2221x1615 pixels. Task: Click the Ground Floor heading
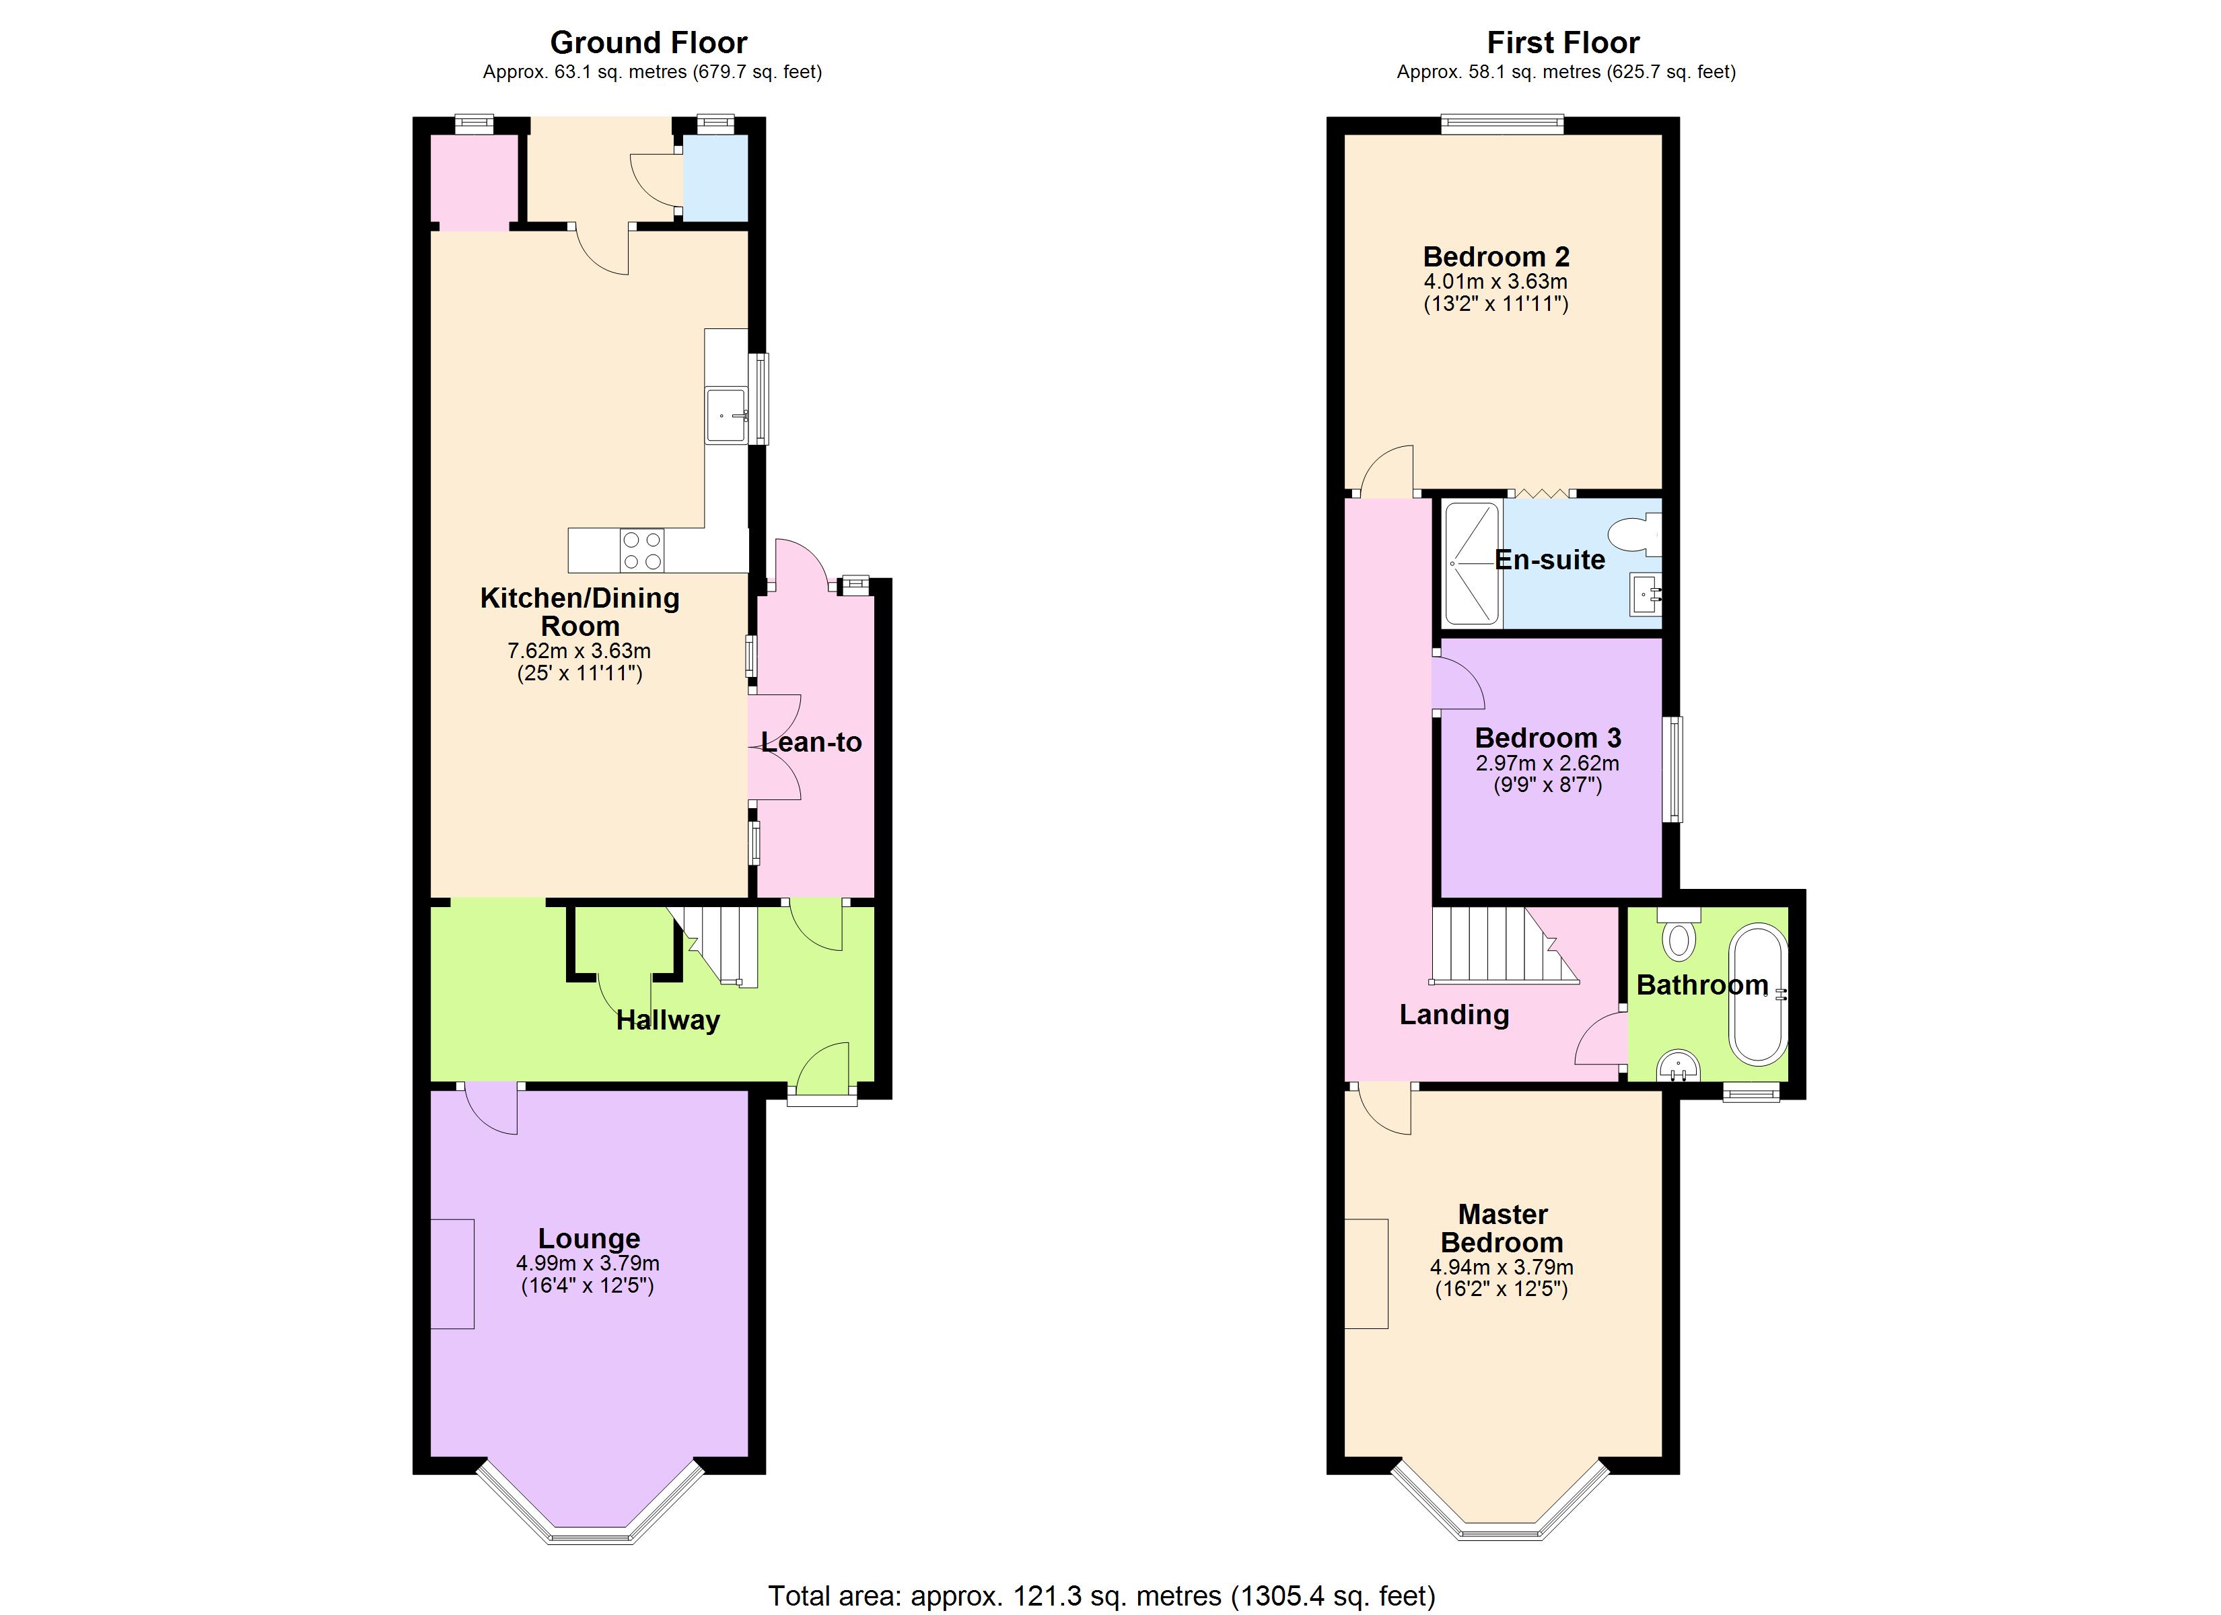pos(648,42)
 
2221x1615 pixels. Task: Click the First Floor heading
pos(1562,42)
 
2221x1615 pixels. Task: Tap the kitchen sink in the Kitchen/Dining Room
pos(726,415)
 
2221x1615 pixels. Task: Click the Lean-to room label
pos(811,742)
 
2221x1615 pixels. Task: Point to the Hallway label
pos(668,1021)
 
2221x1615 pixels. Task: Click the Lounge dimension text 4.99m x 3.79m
pos(588,1264)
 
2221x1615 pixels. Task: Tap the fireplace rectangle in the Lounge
pos(452,1273)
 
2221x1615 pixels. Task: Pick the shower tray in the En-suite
pos(1473,563)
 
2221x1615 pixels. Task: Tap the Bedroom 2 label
pos(1495,256)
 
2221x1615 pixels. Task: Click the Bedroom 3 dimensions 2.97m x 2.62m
pos(1547,763)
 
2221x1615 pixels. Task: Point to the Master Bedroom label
pos(1502,1228)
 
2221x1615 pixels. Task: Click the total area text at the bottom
pos(1102,1596)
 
